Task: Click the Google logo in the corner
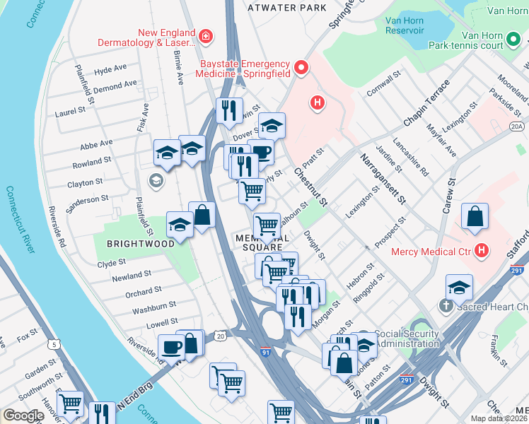(23, 416)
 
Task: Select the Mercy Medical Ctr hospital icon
(482, 250)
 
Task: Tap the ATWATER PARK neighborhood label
(286, 8)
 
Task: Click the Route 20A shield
(517, 126)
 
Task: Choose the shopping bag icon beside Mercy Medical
(475, 216)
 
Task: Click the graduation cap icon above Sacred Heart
(459, 287)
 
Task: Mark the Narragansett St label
(383, 179)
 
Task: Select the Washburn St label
(153, 307)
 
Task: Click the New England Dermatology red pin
(205, 35)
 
